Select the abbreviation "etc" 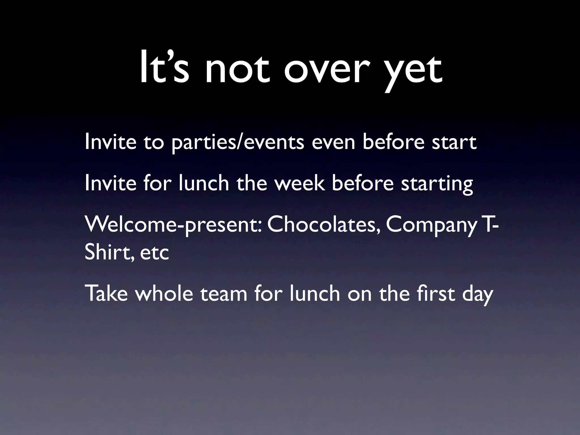click(x=154, y=253)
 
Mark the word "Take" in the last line click(x=106, y=294)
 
